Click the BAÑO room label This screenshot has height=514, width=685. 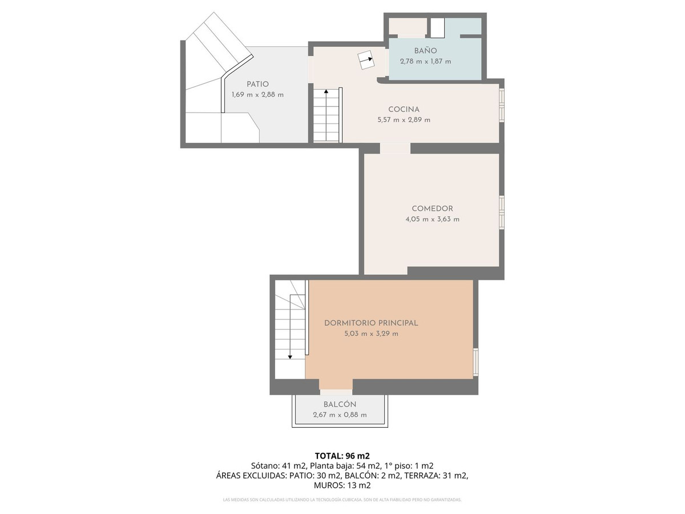[425, 51]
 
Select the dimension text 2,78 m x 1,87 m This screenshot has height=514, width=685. [425, 62]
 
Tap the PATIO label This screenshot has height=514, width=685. [257, 84]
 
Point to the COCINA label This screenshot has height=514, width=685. [404, 109]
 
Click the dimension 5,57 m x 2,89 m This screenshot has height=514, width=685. [404, 120]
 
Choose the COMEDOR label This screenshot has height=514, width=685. [432, 208]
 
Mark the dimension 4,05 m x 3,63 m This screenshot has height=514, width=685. [432, 219]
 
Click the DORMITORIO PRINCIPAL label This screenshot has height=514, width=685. [371, 323]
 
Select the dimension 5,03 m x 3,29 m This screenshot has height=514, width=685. [371, 334]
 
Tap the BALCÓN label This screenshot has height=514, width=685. [340, 404]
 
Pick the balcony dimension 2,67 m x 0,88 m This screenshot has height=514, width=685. [340, 415]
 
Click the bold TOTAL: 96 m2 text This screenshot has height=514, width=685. [342, 456]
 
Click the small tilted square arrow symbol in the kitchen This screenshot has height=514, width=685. [365, 59]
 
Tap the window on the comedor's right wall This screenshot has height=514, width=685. [502, 212]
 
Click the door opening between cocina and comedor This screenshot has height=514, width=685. [395, 148]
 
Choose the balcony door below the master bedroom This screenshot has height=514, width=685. [336, 392]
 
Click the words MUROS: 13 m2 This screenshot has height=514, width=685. [342, 485]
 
